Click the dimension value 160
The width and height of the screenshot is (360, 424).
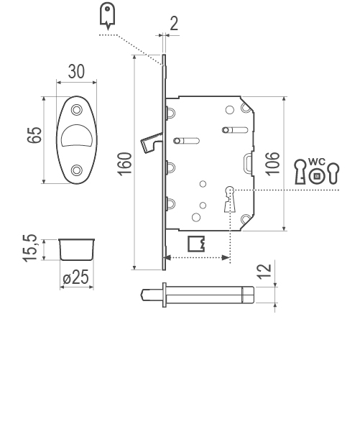pos(124,164)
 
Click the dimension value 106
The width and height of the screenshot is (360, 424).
pos(272,164)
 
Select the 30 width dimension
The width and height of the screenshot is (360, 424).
pos(76,71)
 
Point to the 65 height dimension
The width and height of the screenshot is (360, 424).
pos(34,135)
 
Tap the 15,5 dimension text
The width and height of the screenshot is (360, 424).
pos(29,248)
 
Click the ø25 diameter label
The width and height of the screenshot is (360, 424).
pos(76,277)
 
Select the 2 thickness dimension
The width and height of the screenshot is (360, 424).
pos(174,24)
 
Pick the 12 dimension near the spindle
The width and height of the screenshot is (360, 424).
pos(264,271)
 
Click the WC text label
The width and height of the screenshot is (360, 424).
pos(317,162)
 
